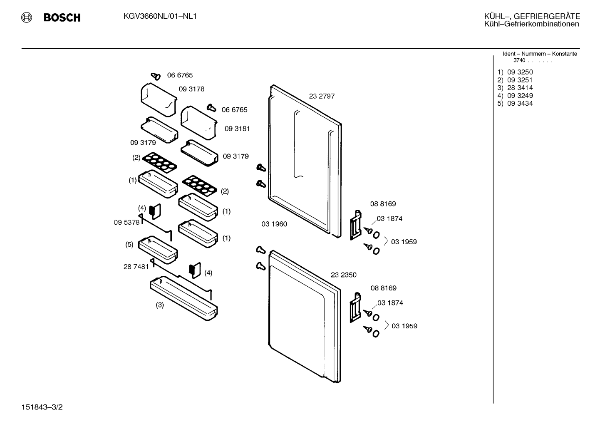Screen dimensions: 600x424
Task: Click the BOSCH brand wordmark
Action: [x=62, y=17]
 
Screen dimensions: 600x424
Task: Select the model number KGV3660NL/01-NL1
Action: [x=160, y=16]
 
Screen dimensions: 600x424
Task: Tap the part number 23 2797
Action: [x=322, y=96]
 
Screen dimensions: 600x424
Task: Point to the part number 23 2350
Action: [x=344, y=275]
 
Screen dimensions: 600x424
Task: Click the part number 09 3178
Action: [x=191, y=89]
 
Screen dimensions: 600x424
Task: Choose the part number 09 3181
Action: [x=237, y=129]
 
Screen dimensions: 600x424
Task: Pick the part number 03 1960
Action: [x=274, y=224]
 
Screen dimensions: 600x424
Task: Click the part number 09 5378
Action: [x=126, y=222]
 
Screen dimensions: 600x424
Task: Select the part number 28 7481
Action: [x=136, y=267]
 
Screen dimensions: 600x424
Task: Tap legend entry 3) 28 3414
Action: [x=515, y=87]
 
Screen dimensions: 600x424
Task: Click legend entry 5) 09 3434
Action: [x=515, y=103]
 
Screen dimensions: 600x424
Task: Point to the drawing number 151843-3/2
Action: [x=42, y=407]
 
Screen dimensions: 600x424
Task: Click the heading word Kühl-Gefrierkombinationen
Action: [x=532, y=24]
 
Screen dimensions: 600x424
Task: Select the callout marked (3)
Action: [x=160, y=305]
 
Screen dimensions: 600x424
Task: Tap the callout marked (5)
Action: [x=129, y=245]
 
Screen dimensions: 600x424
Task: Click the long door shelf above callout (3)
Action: [x=184, y=299]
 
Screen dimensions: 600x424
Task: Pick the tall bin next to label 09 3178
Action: [x=159, y=99]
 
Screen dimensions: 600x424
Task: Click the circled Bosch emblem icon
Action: [x=27, y=17]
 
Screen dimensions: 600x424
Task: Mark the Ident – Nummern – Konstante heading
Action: [x=540, y=54]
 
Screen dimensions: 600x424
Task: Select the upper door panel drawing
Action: [x=305, y=161]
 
